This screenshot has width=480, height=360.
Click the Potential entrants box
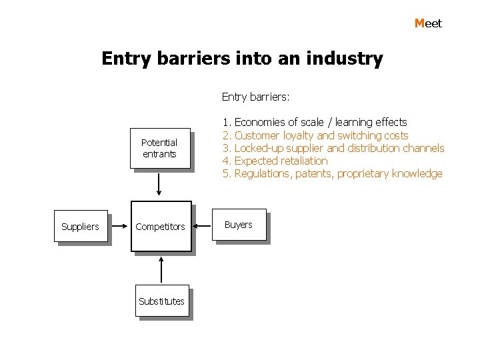(x=159, y=148)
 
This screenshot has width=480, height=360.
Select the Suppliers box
(x=80, y=227)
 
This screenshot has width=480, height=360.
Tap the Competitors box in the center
(x=161, y=227)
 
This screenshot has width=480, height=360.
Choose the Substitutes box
(x=161, y=301)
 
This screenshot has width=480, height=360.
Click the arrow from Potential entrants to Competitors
(x=159, y=183)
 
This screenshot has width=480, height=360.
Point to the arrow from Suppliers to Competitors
(x=119, y=227)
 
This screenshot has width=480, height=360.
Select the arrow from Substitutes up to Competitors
(x=161, y=270)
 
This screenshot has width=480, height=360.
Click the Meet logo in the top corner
(x=428, y=23)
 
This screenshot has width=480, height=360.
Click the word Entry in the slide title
(x=127, y=59)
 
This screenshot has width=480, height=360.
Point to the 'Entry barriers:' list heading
(x=255, y=97)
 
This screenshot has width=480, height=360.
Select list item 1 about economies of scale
(x=315, y=122)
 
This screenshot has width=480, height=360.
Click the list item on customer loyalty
(x=315, y=135)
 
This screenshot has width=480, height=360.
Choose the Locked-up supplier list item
(x=333, y=148)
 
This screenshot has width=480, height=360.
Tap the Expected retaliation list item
(x=275, y=161)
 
